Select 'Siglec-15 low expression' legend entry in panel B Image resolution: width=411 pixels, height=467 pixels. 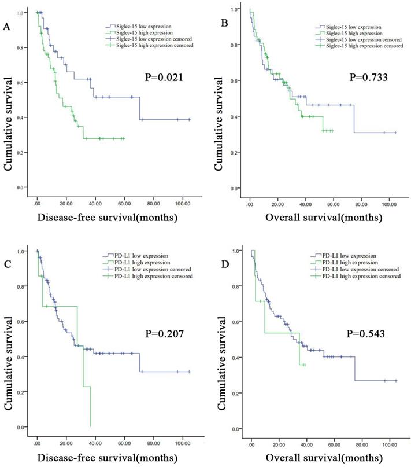[351, 27]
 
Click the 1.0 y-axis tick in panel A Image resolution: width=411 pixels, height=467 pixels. [21, 12]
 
